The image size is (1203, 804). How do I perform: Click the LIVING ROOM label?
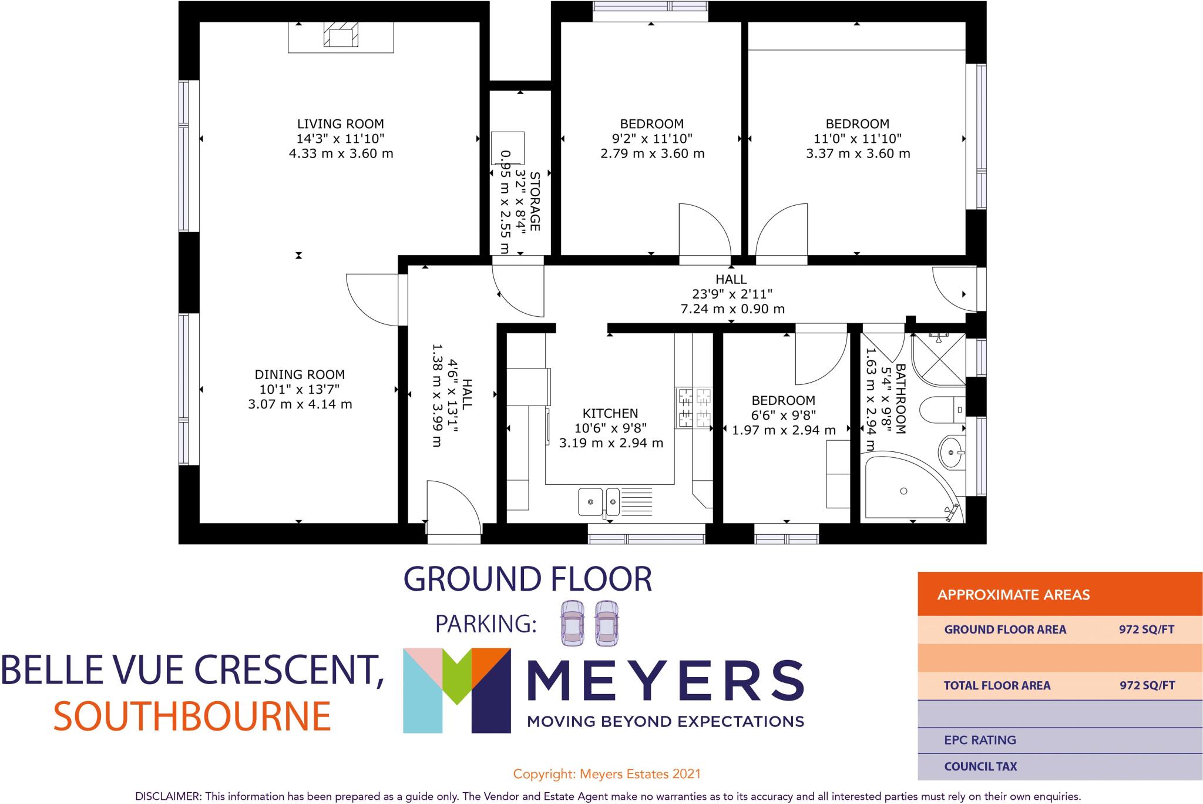(x=340, y=124)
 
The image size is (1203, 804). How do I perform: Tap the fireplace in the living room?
(x=341, y=37)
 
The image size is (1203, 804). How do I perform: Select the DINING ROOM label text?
(x=300, y=374)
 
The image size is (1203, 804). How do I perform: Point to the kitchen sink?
(x=598, y=501)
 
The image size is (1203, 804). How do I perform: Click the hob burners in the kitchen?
(x=694, y=408)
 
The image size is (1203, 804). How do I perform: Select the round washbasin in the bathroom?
(x=950, y=453)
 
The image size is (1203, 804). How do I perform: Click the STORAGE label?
(x=535, y=201)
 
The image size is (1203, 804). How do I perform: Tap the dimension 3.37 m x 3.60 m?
(x=858, y=154)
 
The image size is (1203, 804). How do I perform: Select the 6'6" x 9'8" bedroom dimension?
(x=783, y=416)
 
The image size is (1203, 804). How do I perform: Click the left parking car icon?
(x=572, y=624)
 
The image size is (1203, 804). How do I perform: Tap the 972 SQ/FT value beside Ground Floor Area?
(x=1146, y=630)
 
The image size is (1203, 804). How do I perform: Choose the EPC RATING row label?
(x=980, y=740)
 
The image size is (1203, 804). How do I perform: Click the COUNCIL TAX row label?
(x=980, y=766)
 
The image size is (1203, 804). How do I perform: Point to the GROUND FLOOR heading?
(x=527, y=579)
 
